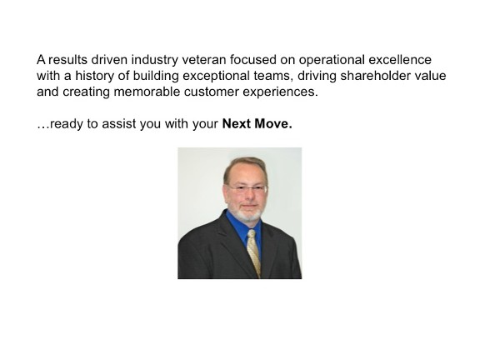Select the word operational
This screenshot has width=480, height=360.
[332, 61]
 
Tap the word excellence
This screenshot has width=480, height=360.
[400, 60]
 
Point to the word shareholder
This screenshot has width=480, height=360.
[375, 76]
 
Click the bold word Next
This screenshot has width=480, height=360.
[237, 123]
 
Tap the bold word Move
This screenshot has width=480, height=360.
[273, 123]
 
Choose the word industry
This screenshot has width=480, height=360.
[155, 61]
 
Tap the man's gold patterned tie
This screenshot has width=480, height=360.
[254, 252]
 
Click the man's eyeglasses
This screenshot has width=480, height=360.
[247, 188]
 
